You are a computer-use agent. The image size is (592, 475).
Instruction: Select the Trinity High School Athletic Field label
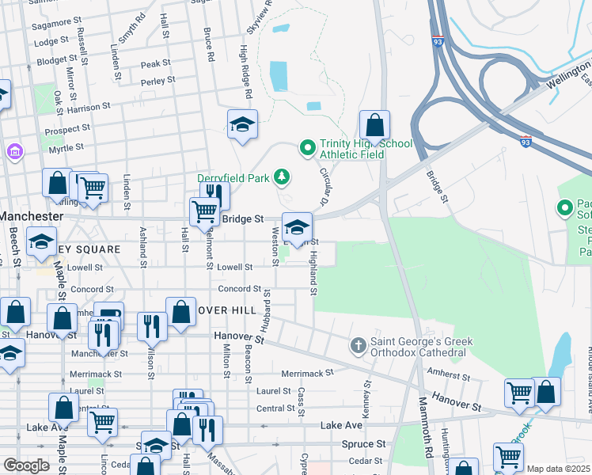(355, 149)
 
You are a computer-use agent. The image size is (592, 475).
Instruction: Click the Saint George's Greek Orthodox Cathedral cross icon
(358, 345)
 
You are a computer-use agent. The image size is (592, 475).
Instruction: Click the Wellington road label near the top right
(563, 80)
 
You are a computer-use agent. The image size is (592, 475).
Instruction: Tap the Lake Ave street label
(342, 426)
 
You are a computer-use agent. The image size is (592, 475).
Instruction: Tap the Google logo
(25, 465)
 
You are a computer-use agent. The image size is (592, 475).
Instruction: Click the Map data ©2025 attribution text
(558, 469)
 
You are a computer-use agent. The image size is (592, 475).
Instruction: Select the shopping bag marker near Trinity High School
(374, 125)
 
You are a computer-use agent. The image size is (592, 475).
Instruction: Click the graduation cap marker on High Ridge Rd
(243, 124)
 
